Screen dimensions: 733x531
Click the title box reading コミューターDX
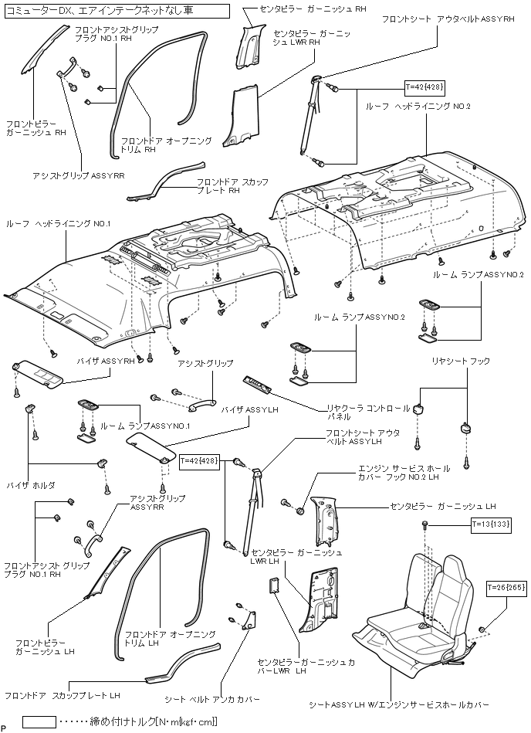pos(116,11)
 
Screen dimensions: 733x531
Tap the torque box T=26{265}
pos(506,588)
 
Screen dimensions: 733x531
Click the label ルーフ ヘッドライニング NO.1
pos(59,223)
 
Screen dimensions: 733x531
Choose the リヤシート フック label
pos(461,361)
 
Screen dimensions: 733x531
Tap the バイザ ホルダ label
pos(31,485)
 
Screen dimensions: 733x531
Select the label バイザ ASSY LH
pos(244,409)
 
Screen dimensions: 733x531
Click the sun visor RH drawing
pos(40,373)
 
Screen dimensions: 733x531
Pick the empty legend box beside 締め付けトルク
pos(39,721)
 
